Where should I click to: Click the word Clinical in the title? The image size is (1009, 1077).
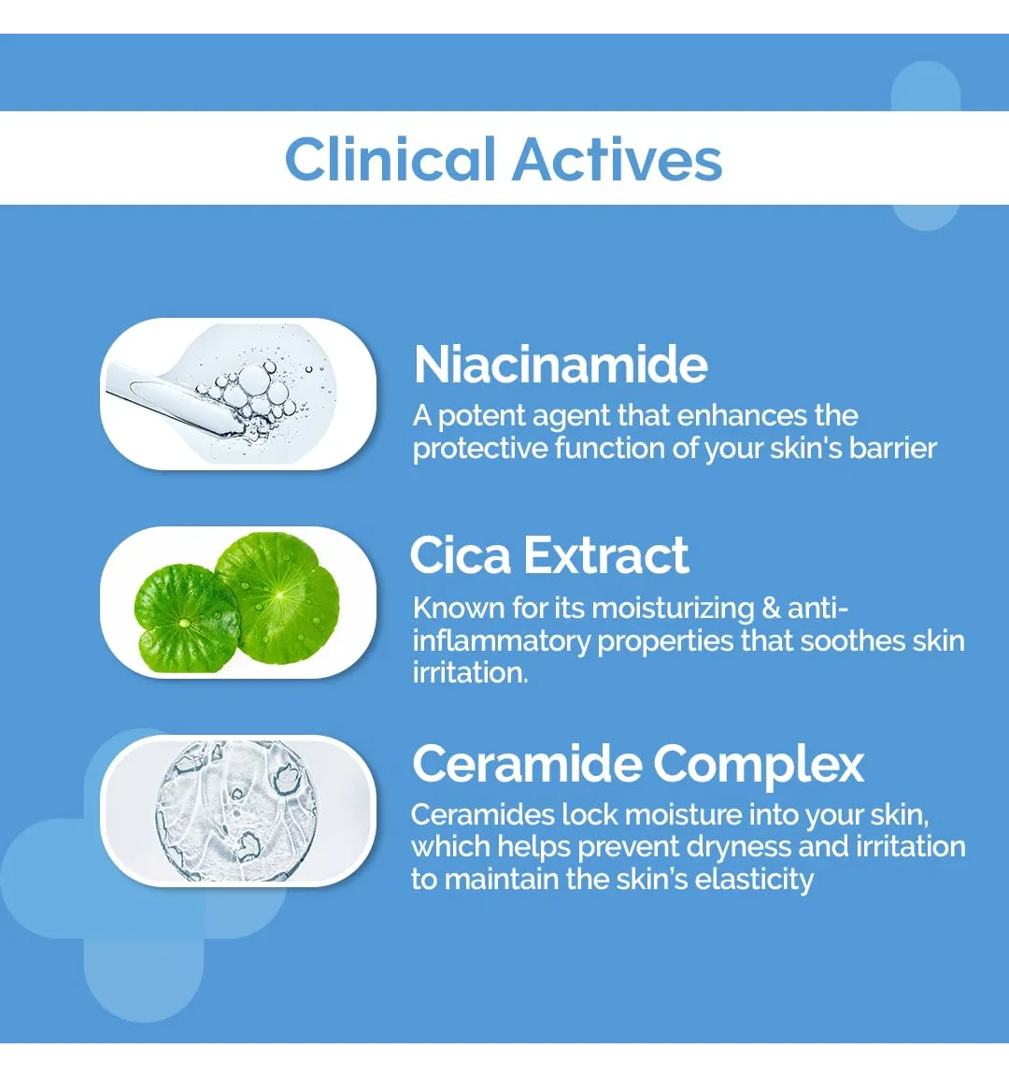coord(390,159)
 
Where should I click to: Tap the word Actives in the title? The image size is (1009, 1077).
coord(618,159)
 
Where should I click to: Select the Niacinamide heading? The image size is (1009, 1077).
coord(561,364)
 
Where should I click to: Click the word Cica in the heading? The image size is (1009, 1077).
coord(461,555)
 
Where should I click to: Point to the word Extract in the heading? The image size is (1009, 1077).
coord(606,555)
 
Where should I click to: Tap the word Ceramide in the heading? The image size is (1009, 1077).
coord(527,763)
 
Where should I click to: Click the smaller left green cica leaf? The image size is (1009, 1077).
coord(185,617)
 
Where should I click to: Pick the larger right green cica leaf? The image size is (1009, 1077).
coord(278,596)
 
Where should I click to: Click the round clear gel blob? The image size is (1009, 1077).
coord(236,811)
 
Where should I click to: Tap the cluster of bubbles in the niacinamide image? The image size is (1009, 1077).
coord(255,398)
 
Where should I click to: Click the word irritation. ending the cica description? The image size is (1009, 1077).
coord(470,672)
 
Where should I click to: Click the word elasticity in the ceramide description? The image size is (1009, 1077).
coord(754,880)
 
